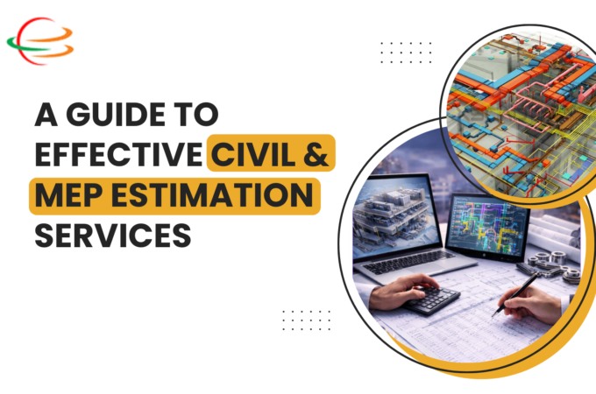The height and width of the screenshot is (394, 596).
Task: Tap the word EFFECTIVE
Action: (117, 158)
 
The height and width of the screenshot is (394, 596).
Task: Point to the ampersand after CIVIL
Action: (316, 158)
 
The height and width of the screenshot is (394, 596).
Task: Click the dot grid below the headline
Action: (307, 319)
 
